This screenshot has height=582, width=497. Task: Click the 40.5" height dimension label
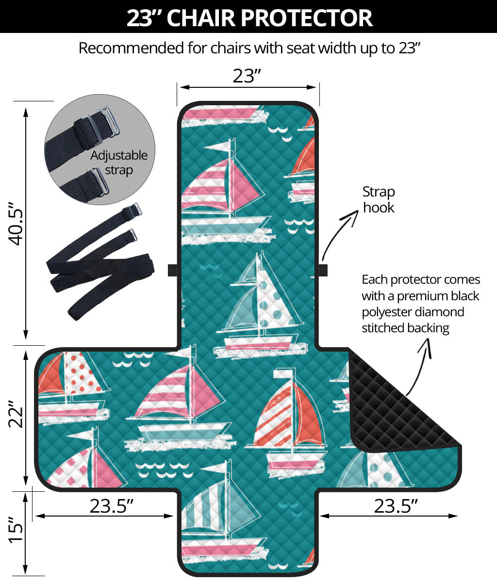16,224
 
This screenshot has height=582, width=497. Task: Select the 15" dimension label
16,530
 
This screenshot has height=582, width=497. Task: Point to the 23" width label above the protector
247,76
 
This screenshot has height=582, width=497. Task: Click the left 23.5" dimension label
111,506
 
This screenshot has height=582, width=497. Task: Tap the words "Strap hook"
379,200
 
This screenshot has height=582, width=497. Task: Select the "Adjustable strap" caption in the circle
118,163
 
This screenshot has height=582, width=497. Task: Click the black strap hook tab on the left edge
172,270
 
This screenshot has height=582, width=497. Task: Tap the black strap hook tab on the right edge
323,270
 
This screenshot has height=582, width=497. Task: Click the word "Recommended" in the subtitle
132,48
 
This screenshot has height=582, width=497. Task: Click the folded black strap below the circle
100,262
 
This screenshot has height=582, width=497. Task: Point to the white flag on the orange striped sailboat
282,373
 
